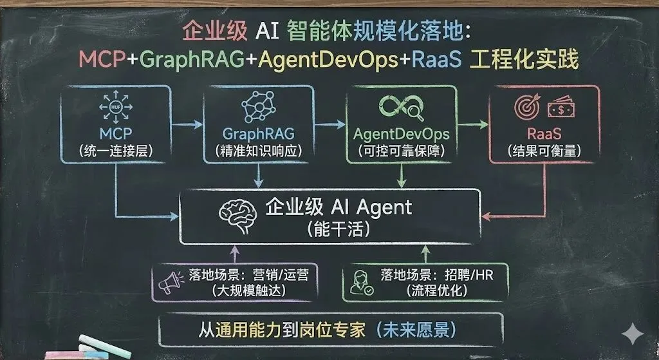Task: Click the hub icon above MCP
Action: pyautogui.click(x=116, y=108)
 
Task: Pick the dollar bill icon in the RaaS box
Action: pyautogui.click(x=561, y=108)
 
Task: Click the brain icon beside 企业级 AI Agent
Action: pyautogui.click(x=238, y=216)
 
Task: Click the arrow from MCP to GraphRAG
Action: pyautogui.click(x=187, y=124)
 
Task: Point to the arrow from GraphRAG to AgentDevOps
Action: pyautogui.click(x=329, y=124)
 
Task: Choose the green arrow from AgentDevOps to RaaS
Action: pyautogui.click(x=472, y=124)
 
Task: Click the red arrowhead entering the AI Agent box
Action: pyautogui.click(x=487, y=216)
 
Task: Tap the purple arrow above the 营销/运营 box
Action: pyautogui.click(x=235, y=254)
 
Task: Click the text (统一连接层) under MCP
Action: pyautogui.click(x=116, y=151)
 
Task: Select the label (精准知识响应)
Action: pyautogui.click(x=259, y=151)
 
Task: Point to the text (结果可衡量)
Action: pyautogui.click(x=544, y=151)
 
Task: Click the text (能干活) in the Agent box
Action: pyautogui.click(x=339, y=230)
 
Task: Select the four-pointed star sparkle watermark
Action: pyautogui.click(x=633, y=334)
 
